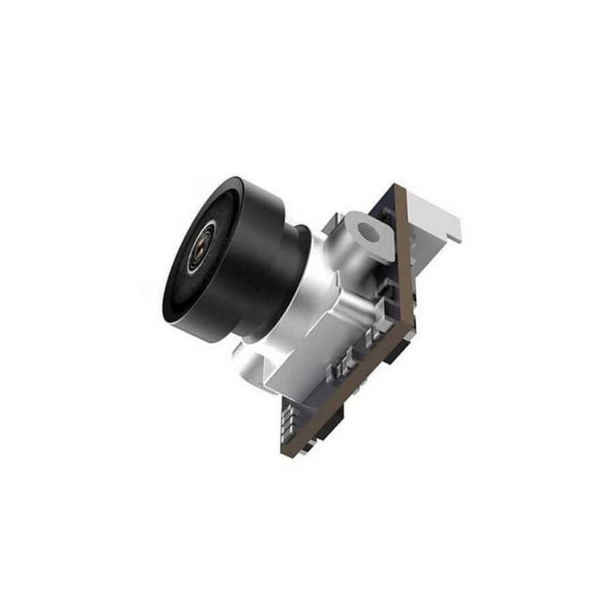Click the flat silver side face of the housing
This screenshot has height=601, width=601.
[335, 335]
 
